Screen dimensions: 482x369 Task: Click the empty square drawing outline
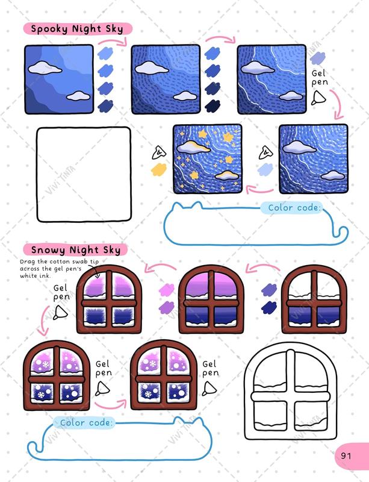point(84,174)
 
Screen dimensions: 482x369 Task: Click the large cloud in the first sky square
point(45,67)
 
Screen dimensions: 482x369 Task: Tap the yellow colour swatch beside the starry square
point(160,169)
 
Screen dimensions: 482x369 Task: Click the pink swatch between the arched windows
point(166,289)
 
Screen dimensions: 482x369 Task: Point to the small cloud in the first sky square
point(77,95)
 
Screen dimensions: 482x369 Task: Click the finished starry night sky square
point(207,159)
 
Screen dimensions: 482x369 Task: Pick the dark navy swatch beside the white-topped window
point(269,307)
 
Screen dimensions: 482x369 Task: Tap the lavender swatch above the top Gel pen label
point(317,58)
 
